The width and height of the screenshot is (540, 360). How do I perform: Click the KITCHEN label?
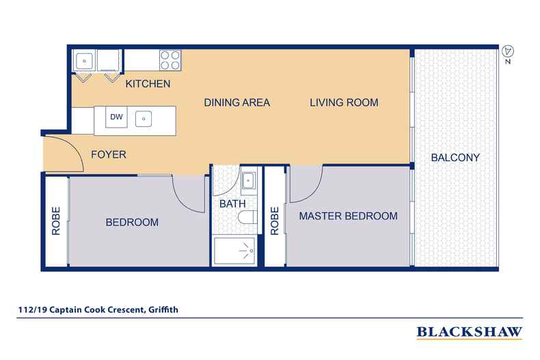[x=148, y=83]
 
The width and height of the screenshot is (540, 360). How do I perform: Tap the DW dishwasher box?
[x=116, y=117]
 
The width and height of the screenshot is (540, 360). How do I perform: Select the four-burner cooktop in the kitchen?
[x=170, y=60]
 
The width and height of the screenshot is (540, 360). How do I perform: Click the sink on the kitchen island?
[x=144, y=119]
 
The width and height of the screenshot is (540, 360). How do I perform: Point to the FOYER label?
[x=109, y=154]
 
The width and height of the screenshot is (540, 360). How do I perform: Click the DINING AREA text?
[x=237, y=102]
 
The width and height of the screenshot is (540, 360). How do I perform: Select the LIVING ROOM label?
[x=344, y=102]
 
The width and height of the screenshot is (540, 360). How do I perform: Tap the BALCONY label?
[x=455, y=158]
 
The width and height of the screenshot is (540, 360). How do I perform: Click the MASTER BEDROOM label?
[x=348, y=216]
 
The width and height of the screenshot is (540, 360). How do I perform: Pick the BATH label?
[x=232, y=204]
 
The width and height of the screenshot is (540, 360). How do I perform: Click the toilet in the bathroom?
[x=247, y=217]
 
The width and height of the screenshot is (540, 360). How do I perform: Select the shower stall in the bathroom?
[x=234, y=251]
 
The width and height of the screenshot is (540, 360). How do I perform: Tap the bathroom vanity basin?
[x=248, y=181]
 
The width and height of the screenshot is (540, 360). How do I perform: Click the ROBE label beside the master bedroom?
[x=275, y=221]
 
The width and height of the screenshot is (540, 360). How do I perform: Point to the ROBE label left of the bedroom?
[x=56, y=221]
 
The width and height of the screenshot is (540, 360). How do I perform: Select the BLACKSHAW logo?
[x=470, y=333]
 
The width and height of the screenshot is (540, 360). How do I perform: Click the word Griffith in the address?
[x=163, y=309]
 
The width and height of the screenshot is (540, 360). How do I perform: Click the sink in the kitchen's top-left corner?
[x=84, y=61]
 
